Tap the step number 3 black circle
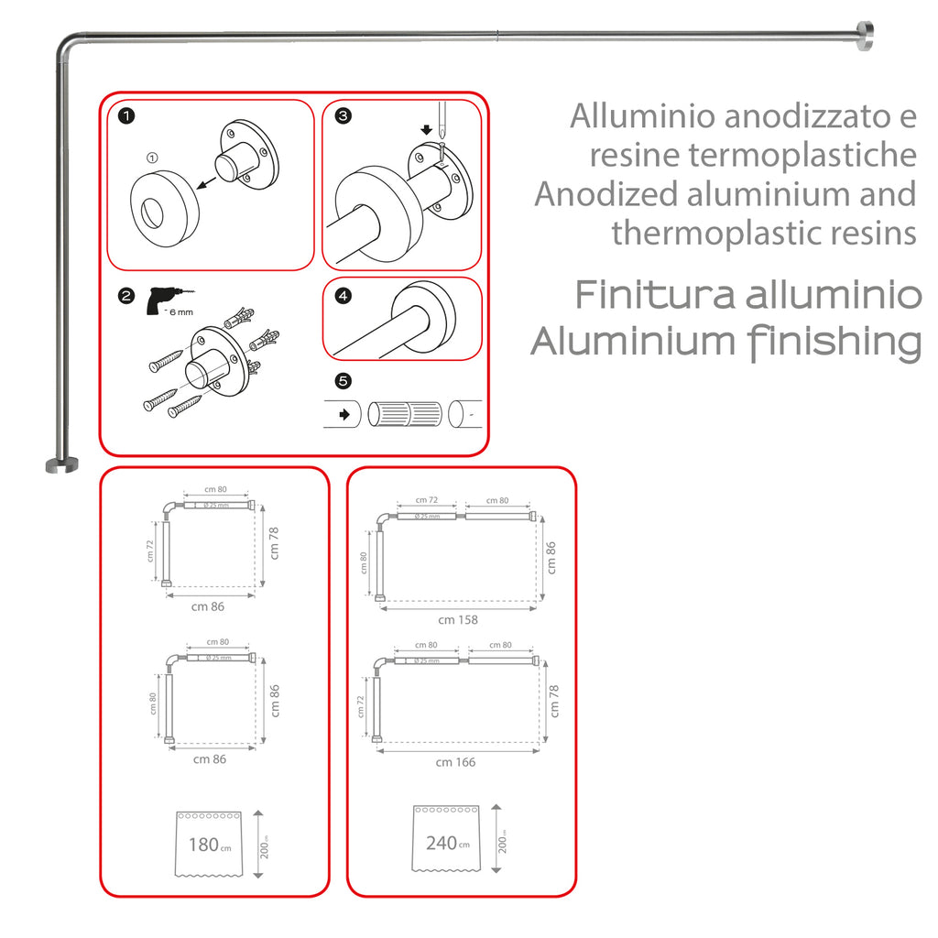pos(343,116)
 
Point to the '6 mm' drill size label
pos(180,313)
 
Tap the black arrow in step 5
pos(344,414)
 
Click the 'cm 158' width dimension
pos(458,620)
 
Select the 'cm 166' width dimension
pos(456,762)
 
